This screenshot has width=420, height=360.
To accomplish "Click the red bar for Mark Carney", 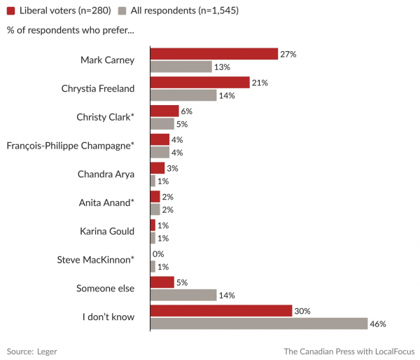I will coord(214,53).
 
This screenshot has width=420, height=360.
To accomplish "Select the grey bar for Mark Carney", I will coord(181,67).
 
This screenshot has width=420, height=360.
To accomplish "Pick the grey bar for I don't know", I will coord(259,324).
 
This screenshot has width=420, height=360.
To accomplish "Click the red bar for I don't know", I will coord(221,310).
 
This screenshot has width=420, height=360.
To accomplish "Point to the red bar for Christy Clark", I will coord(164,111).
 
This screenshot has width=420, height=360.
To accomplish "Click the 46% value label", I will coord(378,324).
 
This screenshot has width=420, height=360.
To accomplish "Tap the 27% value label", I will coord(288,53).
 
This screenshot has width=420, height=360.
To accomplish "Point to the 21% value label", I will coord(260,82).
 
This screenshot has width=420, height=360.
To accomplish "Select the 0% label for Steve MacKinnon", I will coord(158,254).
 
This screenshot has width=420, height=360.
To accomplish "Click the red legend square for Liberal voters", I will coord(10,11).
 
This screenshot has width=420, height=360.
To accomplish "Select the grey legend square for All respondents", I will coord(122,11).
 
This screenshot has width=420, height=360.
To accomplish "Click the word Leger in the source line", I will coord(48,350).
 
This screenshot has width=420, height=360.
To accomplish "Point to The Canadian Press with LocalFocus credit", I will coord(349,350).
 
